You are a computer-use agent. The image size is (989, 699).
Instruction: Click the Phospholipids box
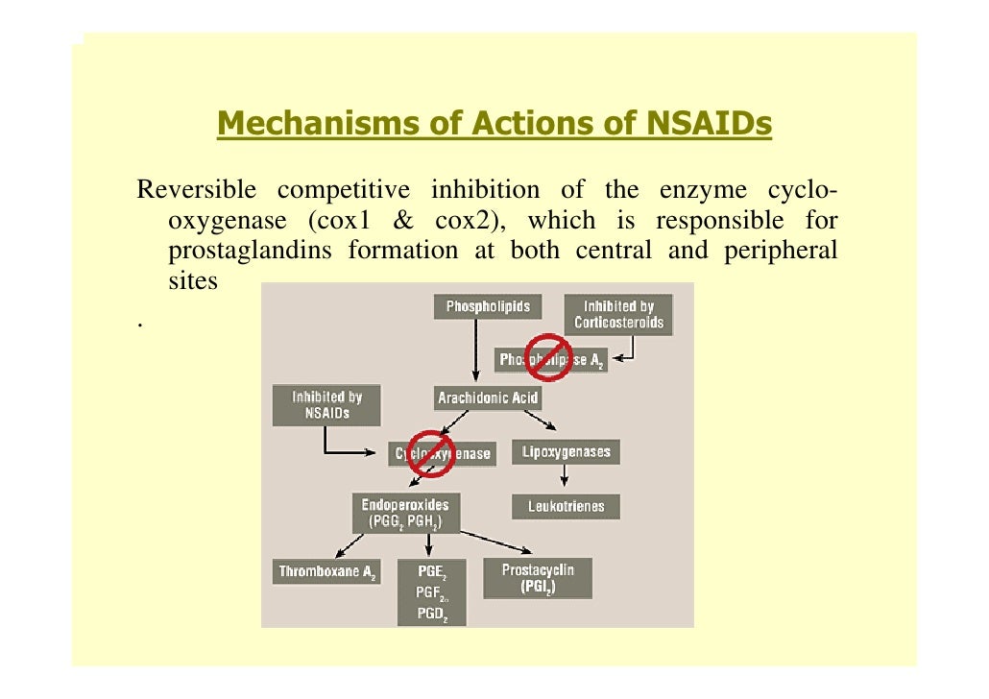tap(488, 307)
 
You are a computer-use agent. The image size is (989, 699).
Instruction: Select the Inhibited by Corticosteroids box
tap(618, 315)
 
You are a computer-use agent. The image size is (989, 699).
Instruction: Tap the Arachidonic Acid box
tap(488, 397)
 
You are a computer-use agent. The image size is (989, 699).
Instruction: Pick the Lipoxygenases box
tap(566, 451)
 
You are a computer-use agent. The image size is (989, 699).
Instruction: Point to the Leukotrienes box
tap(566, 507)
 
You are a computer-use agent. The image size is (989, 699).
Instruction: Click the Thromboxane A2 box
tap(326, 572)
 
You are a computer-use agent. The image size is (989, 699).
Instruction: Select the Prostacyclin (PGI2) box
tap(537, 578)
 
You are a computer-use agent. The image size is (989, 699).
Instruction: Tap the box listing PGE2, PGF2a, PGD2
tap(429, 592)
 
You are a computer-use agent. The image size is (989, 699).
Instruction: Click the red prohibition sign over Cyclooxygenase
tap(429, 453)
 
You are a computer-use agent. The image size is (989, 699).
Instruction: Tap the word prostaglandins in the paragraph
tap(250, 252)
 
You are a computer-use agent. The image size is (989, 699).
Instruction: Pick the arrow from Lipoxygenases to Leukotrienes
tap(566, 478)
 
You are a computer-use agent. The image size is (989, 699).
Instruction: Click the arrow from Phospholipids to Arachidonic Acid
tap(475, 351)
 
